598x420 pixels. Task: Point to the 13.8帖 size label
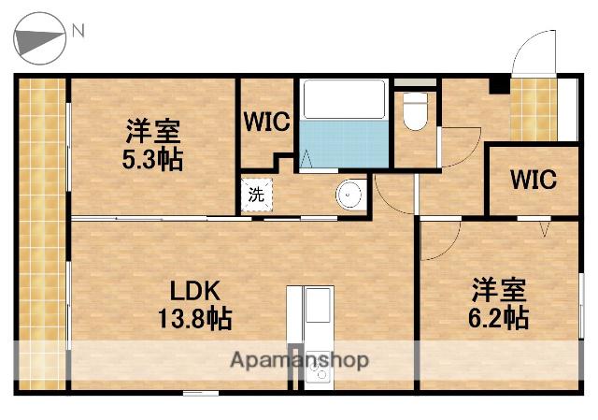tap(195, 319)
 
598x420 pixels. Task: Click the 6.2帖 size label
tap(498, 318)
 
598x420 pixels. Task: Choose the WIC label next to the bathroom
tap(267, 123)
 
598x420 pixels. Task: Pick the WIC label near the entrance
tap(533, 179)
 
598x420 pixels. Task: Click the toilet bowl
tap(415, 114)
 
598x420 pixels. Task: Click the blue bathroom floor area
tap(342, 145)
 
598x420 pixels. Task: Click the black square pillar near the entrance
tap(500, 85)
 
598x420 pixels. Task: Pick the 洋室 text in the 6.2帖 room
tap(498, 288)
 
